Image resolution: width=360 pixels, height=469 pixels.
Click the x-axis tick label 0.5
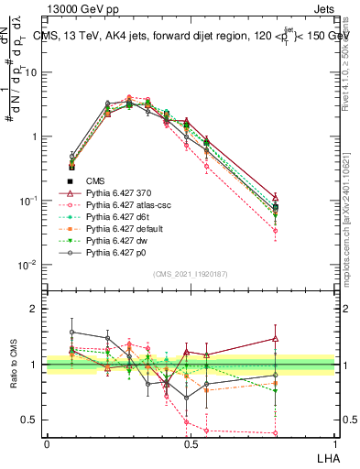191,442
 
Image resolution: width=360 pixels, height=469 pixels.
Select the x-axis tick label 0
46,442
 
